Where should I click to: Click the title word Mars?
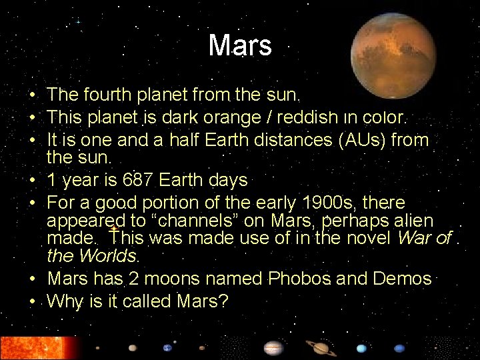240,46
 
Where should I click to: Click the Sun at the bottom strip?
37,347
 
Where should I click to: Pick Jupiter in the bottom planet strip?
273,348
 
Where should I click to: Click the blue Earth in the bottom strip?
167,347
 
